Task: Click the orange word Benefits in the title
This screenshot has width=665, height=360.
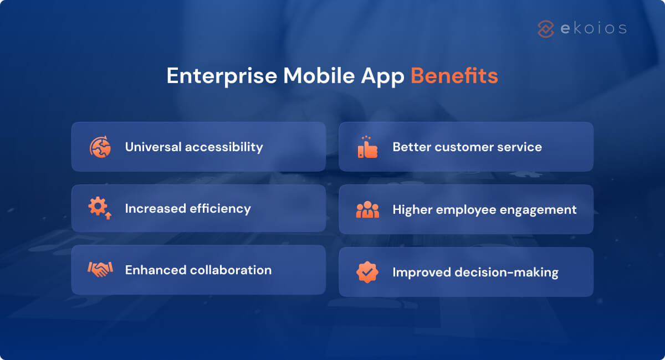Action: point(454,76)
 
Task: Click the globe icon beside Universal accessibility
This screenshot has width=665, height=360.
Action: point(100,147)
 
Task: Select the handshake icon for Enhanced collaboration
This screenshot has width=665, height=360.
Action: point(100,270)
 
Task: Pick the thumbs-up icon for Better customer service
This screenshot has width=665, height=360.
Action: point(367,147)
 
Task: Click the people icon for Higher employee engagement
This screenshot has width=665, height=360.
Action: point(367,210)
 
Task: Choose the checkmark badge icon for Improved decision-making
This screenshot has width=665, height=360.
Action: point(367,272)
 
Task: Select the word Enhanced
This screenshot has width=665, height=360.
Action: point(155,270)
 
